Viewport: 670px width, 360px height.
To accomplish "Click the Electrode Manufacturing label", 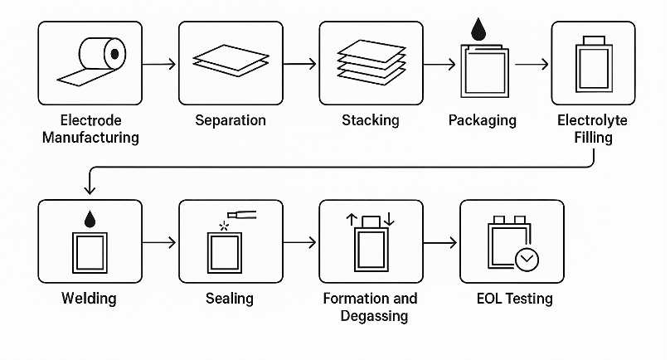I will pyautogui.click(x=90, y=129).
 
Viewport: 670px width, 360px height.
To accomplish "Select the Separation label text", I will pyautogui.click(x=231, y=120).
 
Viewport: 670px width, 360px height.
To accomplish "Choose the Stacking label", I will pyautogui.click(x=371, y=120).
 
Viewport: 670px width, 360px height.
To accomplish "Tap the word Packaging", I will pyautogui.click(x=482, y=120).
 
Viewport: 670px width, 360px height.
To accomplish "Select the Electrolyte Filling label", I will pyautogui.click(x=593, y=129).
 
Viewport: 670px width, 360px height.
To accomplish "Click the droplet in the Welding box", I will pyautogui.click(x=90, y=219).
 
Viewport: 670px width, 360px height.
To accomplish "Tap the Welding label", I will pyautogui.click(x=90, y=298).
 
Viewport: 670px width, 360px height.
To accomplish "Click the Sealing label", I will pyautogui.click(x=230, y=298).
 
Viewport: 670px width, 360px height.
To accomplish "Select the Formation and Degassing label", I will pyautogui.click(x=370, y=306).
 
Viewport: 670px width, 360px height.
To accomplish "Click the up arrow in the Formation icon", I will pyautogui.click(x=351, y=220).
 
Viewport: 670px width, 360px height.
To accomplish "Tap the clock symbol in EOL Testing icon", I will pyautogui.click(x=527, y=260).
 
